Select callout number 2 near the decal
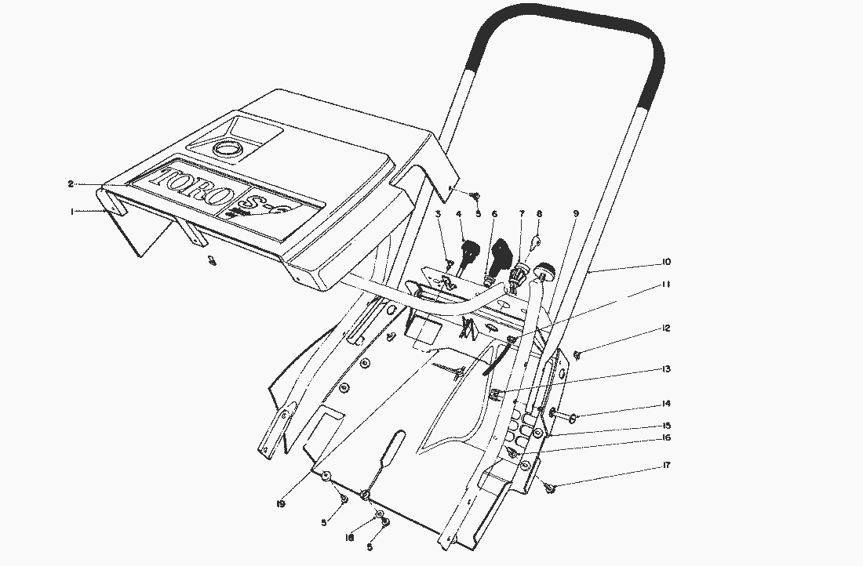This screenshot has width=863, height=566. coord(71,183)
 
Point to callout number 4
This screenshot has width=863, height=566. coord(459,213)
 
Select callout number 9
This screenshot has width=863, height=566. coord(577,213)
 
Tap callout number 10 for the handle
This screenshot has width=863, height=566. coord(666,262)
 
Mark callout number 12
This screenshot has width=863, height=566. coord(666,328)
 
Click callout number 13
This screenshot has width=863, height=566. coord(666,368)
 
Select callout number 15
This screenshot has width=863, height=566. coord(666,426)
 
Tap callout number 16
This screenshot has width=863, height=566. coord(666,438)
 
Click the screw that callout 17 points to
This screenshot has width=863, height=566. coord(550,488)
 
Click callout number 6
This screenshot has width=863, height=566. coord(494,213)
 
